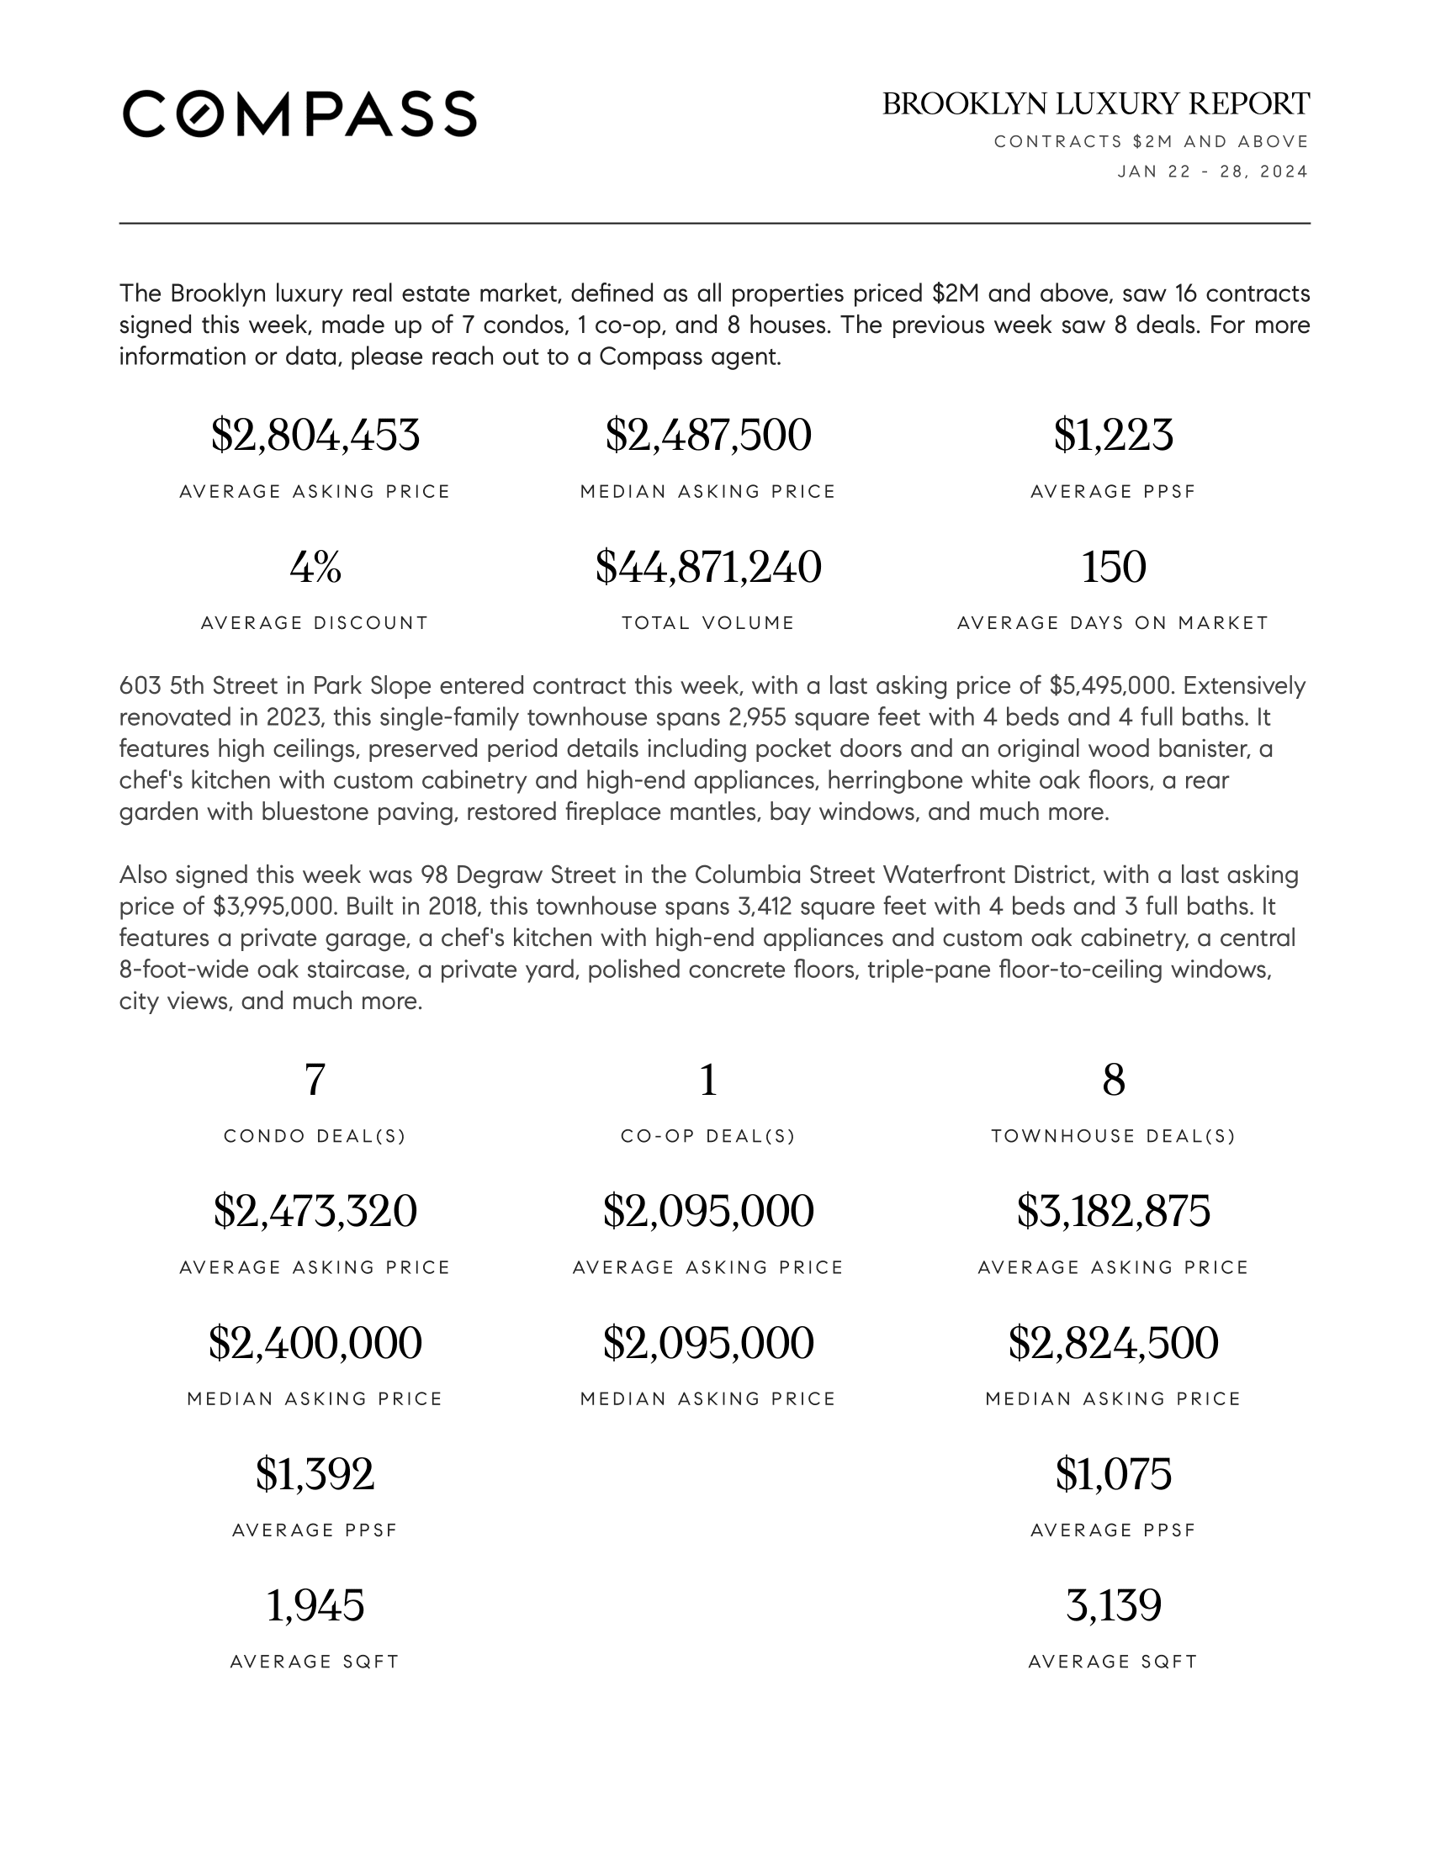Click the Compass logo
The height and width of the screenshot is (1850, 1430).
(299, 114)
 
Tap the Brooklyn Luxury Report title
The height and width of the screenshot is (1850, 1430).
(1095, 104)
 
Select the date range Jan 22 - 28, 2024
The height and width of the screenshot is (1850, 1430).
(1212, 172)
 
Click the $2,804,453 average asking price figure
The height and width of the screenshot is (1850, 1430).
(315, 436)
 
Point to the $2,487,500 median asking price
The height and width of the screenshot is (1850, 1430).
(708, 436)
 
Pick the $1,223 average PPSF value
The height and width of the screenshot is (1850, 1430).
(1113, 436)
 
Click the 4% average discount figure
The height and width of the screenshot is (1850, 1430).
(315, 567)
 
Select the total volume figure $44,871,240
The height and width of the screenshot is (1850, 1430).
(708, 567)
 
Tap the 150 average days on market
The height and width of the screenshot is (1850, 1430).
(1113, 567)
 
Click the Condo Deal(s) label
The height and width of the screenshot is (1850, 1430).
(315, 1136)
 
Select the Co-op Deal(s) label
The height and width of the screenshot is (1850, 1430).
(708, 1136)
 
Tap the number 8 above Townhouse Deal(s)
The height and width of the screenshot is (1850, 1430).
(1113, 1080)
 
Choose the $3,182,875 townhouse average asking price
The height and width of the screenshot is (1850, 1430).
(1113, 1211)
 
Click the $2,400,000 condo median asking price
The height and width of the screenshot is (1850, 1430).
(315, 1343)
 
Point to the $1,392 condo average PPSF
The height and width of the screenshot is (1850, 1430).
(315, 1474)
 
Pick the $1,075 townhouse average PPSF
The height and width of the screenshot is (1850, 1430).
(1113, 1474)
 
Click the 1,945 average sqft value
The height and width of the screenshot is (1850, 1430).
(315, 1605)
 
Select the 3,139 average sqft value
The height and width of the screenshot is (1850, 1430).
(1113, 1605)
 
